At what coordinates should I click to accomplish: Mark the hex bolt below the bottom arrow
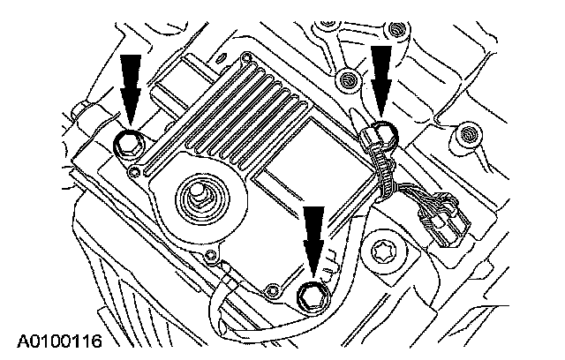312,296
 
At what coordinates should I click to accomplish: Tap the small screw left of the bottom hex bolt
273,287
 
